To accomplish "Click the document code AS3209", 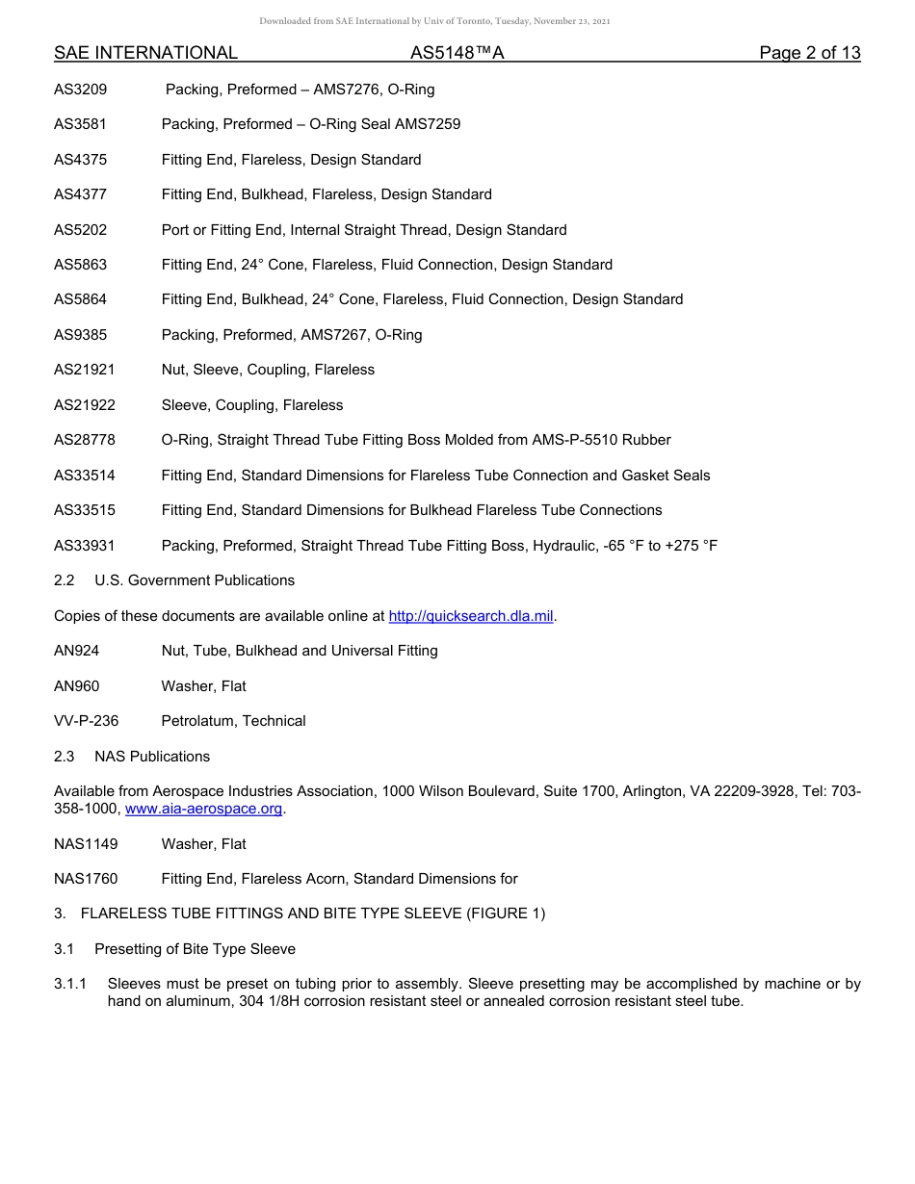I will tap(81, 90).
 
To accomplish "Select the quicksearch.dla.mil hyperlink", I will tap(471, 616).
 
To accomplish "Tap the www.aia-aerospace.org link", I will tap(204, 810).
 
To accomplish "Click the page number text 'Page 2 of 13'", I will tap(809, 53).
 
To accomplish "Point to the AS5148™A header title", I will tap(457, 53).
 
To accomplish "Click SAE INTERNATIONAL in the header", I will tap(145, 53).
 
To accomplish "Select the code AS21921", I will tap(85, 370).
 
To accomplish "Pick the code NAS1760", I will tap(86, 879).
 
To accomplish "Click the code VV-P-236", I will tap(87, 721).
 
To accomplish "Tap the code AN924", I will tap(77, 651).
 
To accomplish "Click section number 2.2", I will tap(65, 580).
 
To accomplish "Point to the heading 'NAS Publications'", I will tap(152, 757).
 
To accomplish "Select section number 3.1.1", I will tap(70, 984).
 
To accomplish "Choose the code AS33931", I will tap(85, 546).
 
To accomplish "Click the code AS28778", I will tap(85, 440).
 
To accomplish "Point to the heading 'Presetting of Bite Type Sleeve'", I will tap(195, 949).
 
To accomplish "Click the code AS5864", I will tap(81, 299).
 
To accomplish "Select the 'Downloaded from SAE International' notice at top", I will tap(434, 21).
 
